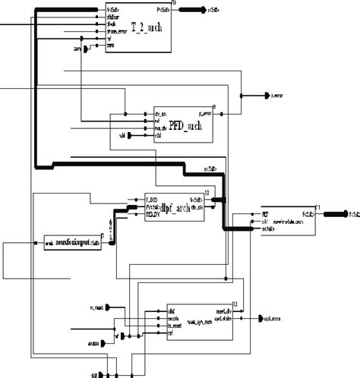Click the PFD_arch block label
point(180,126)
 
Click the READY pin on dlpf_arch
point(153,215)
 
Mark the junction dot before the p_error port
point(242,96)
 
